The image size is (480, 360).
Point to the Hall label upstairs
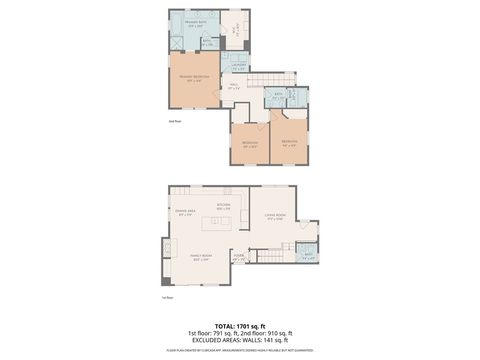[233, 88]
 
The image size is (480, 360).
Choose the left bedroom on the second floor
[250, 142]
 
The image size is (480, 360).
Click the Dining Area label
[184, 212]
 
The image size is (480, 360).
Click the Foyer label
[239, 257]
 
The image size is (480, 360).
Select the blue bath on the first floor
[308, 256]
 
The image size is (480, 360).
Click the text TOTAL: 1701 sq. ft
[239, 325]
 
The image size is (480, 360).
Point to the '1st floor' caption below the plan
[168, 298]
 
